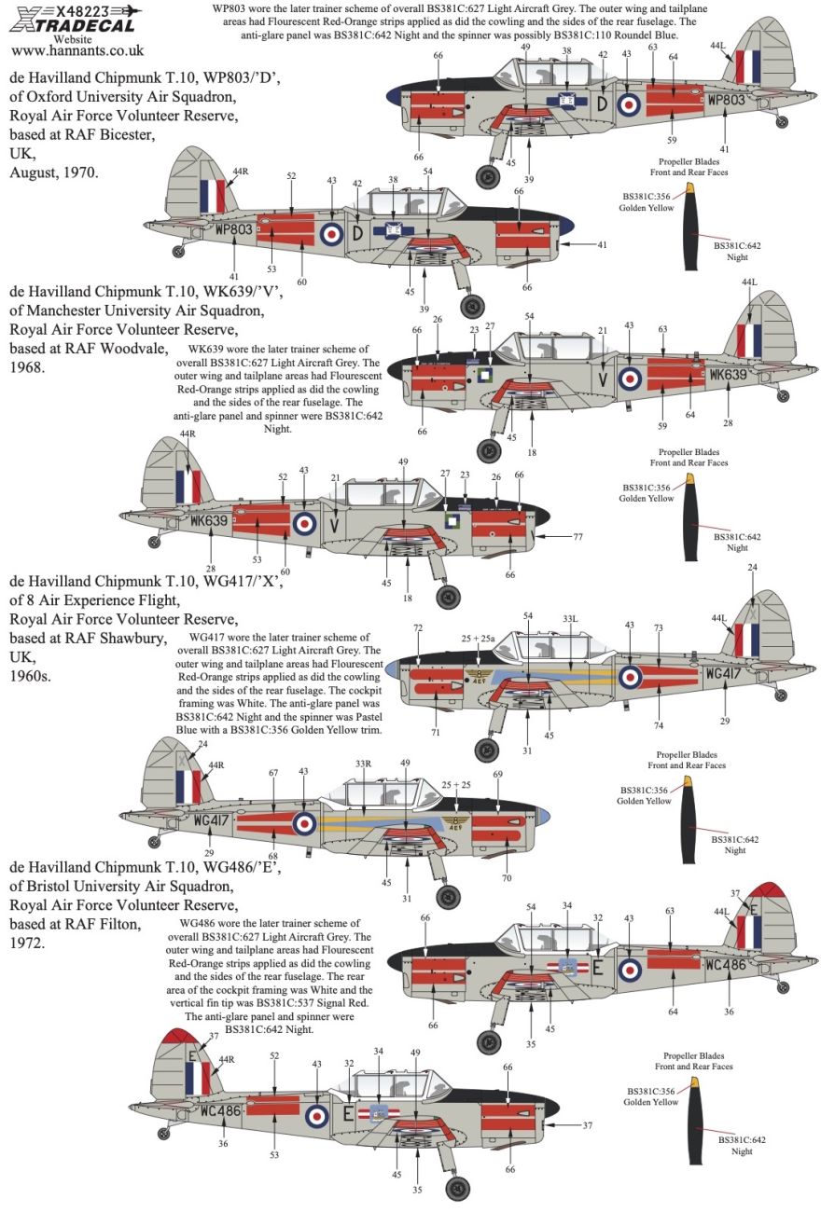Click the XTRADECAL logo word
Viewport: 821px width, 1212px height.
72,25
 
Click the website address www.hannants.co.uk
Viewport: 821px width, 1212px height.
77,50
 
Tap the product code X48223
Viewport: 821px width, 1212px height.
83,11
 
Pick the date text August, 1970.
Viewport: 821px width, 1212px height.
54,173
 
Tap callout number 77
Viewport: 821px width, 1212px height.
577,537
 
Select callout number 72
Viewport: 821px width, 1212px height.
418,627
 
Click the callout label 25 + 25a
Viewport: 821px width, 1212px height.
478,638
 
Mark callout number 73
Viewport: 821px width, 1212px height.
658,627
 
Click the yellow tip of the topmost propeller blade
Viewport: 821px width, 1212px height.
690,187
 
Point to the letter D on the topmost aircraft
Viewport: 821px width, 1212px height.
602,103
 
